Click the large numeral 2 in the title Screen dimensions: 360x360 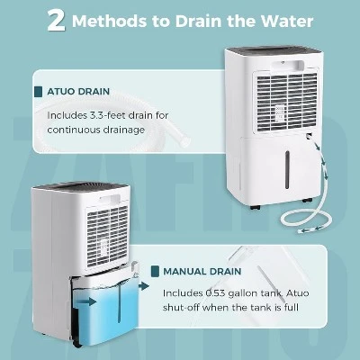point(56,21)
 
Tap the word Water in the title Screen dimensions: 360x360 point(287,21)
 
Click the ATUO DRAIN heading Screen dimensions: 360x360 point(78,92)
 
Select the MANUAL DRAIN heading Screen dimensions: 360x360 point(202,272)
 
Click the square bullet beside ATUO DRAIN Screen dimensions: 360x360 point(39,92)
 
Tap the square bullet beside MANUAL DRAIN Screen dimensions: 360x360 point(155,272)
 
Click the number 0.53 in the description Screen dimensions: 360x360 point(215,293)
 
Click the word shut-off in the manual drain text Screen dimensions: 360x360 point(181,308)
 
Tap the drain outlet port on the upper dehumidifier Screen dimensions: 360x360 point(308,137)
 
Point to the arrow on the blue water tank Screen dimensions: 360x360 point(89,301)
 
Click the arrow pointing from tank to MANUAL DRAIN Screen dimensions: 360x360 point(144,286)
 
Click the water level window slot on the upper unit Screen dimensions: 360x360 point(287,169)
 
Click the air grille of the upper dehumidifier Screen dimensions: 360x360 point(286,102)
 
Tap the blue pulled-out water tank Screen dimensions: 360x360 point(105,312)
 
